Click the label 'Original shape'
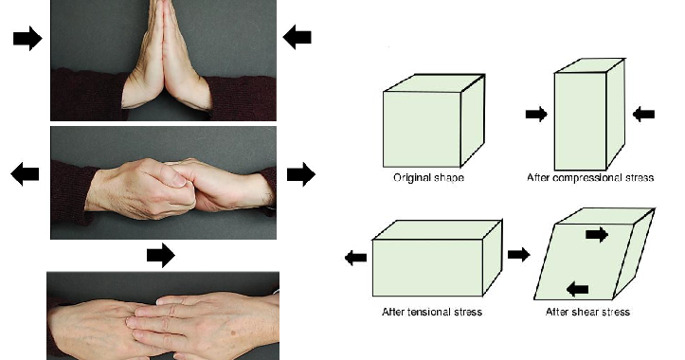427,178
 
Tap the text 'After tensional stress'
432,311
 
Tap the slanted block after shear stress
594,255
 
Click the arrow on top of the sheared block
597,234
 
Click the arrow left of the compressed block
536,114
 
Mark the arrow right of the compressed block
643,114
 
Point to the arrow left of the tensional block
355,257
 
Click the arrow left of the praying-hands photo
27,38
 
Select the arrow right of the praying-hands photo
297,37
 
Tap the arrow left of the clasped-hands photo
26,173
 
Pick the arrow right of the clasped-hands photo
300,173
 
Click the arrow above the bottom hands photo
161,254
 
